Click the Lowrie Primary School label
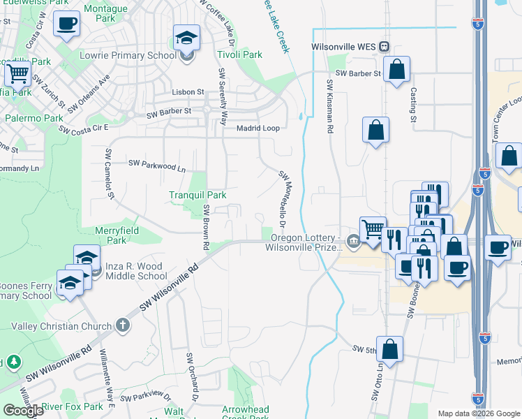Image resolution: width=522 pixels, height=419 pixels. pyautogui.click(x=143, y=55)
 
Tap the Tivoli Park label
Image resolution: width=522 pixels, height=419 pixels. pyautogui.click(x=239, y=54)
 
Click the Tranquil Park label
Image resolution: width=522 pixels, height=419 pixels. pyautogui.click(x=197, y=195)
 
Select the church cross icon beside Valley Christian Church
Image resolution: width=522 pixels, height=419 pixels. pyautogui.click(x=123, y=325)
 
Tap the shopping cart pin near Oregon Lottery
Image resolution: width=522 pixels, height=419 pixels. pyautogui.click(x=373, y=227)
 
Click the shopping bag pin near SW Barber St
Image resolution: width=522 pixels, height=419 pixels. pyautogui.click(x=396, y=70)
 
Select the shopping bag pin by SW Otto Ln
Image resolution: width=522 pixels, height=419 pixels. pyautogui.click(x=390, y=349)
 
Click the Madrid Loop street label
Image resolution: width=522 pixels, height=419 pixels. pyautogui.click(x=258, y=128)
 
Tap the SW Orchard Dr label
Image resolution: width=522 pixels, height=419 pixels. pyautogui.click(x=193, y=376)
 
